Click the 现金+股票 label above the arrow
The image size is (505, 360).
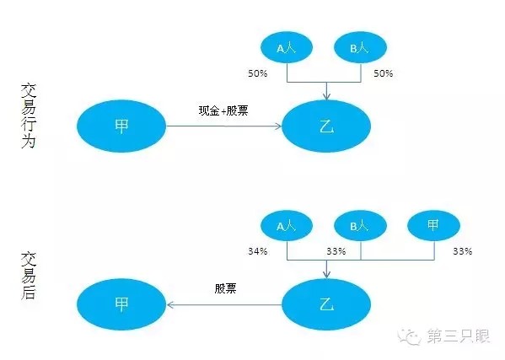[x=223, y=110]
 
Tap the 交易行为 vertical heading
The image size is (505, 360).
[x=29, y=116]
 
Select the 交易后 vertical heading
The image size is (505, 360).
[x=29, y=276]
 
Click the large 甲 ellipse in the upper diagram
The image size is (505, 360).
[x=121, y=126]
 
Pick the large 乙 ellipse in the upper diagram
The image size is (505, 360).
[x=326, y=126]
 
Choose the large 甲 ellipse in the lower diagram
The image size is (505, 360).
[x=121, y=304]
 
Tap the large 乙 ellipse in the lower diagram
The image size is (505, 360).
[x=326, y=304]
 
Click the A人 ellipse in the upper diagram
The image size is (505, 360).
[x=287, y=47]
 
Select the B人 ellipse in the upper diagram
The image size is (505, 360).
[x=360, y=47]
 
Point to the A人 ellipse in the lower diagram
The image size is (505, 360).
[x=287, y=225]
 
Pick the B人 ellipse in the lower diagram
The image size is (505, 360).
[x=360, y=225]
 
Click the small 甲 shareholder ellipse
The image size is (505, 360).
[x=433, y=225]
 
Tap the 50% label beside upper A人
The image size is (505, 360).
[x=258, y=73]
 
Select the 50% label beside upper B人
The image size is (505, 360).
[x=384, y=73]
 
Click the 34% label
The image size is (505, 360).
[x=258, y=251]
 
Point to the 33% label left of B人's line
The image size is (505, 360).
[x=336, y=251]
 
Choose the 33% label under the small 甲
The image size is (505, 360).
[x=463, y=251]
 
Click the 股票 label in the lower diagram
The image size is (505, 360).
[x=225, y=288]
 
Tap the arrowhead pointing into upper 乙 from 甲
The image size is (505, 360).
[x=278, y=126]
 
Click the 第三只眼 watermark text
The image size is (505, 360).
[x=459, y=336]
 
